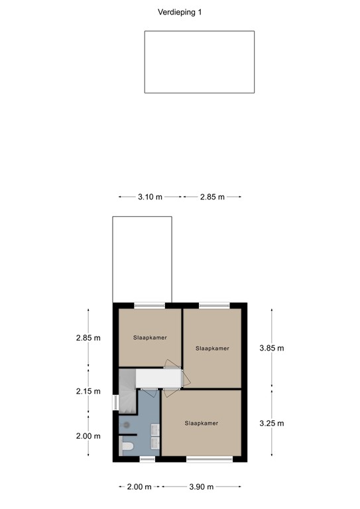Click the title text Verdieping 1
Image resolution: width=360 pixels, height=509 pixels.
[180, 12]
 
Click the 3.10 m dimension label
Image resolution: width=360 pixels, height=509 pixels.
[150, 197]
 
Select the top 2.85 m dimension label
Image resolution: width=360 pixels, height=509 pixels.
[212, 197]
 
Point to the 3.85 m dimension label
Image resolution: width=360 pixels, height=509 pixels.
[271, 348]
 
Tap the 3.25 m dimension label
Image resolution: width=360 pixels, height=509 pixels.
[271, 423]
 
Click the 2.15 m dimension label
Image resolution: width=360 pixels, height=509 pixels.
[88, 391]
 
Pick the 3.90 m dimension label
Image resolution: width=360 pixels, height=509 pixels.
[201, 487]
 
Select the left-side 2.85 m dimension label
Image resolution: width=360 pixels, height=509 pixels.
[88, 337]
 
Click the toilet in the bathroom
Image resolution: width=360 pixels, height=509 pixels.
[127, 447]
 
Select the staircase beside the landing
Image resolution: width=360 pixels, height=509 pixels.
[126, 391]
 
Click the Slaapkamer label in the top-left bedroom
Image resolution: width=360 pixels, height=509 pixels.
[149, 337]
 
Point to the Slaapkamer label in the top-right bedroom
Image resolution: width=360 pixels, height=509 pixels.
[212, 348]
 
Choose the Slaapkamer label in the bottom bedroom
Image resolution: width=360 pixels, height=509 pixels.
[202, 423]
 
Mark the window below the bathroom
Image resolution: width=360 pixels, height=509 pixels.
[147, 459]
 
